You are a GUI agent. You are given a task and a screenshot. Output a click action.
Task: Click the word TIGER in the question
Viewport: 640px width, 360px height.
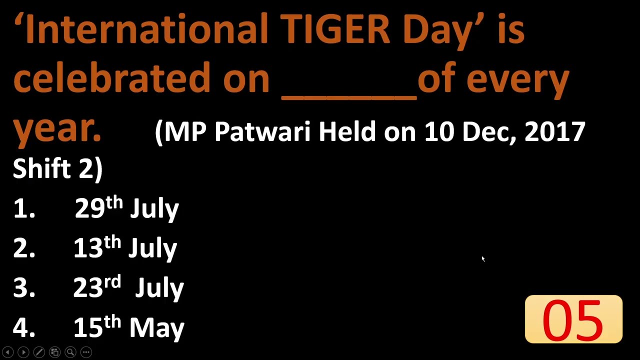(x=334, y=29)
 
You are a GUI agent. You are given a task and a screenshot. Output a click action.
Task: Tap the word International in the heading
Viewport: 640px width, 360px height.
(x=146, y=29)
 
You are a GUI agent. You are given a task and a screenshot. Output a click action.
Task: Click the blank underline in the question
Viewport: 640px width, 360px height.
(x=349, y=95)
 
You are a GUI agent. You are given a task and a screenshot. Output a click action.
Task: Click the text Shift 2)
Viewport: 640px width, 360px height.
(x=57, y=168)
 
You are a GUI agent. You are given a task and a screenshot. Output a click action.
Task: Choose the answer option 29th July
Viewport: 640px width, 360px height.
(x=126, y=208)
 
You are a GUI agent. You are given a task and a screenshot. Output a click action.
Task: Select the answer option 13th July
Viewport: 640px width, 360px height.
(x=125, y=247)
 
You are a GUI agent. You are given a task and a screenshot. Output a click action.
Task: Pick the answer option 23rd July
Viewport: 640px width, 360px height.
(x=128, y=287)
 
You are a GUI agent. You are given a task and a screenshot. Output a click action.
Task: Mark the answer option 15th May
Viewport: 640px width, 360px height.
(x=128, y=327)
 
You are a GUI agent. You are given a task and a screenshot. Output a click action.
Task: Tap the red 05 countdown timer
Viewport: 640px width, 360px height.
(x=573, y=320)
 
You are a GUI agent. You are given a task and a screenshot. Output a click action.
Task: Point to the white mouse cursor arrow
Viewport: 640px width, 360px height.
(x=483, y=258)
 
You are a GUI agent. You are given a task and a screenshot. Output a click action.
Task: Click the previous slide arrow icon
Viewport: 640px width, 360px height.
(x=7, y=352)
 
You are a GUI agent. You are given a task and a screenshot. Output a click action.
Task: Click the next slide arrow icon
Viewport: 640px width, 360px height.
(x=23, y=352)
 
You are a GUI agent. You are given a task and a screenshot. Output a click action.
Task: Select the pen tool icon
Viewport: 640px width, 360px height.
(x=39, y=352)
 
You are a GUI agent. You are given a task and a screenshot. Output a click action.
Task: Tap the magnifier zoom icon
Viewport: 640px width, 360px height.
(x=70, y=352)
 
